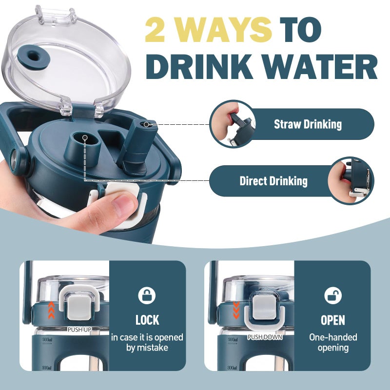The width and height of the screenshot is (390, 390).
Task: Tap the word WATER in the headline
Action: [x=320, y=67]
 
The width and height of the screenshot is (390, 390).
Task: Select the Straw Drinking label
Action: [x=308, y=124]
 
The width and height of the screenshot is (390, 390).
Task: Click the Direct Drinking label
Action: [x=273, y=181]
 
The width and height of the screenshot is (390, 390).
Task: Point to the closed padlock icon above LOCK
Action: [x=147, y=295]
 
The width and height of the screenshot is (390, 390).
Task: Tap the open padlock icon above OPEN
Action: [x=333, y=295]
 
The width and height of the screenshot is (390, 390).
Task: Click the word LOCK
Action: [x=147, y=320]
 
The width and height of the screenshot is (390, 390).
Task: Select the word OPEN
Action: [x=333, y=320]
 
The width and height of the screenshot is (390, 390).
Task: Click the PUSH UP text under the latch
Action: [x=79, y=330]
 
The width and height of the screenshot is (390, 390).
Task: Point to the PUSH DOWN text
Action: [x=265, y=337]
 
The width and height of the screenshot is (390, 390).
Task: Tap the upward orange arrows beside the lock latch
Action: [x=51, y=310]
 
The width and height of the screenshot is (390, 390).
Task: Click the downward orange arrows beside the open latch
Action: [x=236, y=310]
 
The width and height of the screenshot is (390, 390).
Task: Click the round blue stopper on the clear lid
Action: [x=34, y=58]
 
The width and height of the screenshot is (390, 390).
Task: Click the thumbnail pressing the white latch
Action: [x=124, y=205]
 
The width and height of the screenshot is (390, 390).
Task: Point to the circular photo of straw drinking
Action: [x=233, y=124]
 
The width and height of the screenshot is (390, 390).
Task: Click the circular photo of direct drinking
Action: [x=351, y=181]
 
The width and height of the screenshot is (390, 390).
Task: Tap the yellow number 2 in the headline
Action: [x=155, y=30]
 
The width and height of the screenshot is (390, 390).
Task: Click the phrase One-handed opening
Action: [x=333, y=343]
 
